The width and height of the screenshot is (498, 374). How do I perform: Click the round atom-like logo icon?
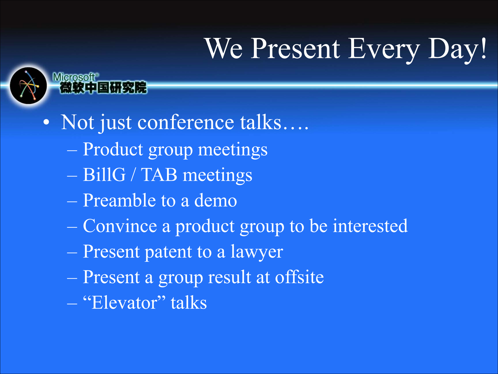28,85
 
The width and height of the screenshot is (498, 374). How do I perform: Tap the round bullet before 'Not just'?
46,122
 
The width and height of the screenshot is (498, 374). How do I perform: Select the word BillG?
104,175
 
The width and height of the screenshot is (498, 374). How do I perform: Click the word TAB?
159,175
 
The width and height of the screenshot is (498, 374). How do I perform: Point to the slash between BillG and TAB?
133,175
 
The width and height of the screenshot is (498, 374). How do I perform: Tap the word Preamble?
119,200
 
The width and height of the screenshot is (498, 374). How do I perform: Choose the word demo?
216,201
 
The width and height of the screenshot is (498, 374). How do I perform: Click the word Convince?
120,226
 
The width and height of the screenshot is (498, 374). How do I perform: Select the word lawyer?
257,252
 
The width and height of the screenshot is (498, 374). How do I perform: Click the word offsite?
299,277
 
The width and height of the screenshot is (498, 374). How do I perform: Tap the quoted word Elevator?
124,303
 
